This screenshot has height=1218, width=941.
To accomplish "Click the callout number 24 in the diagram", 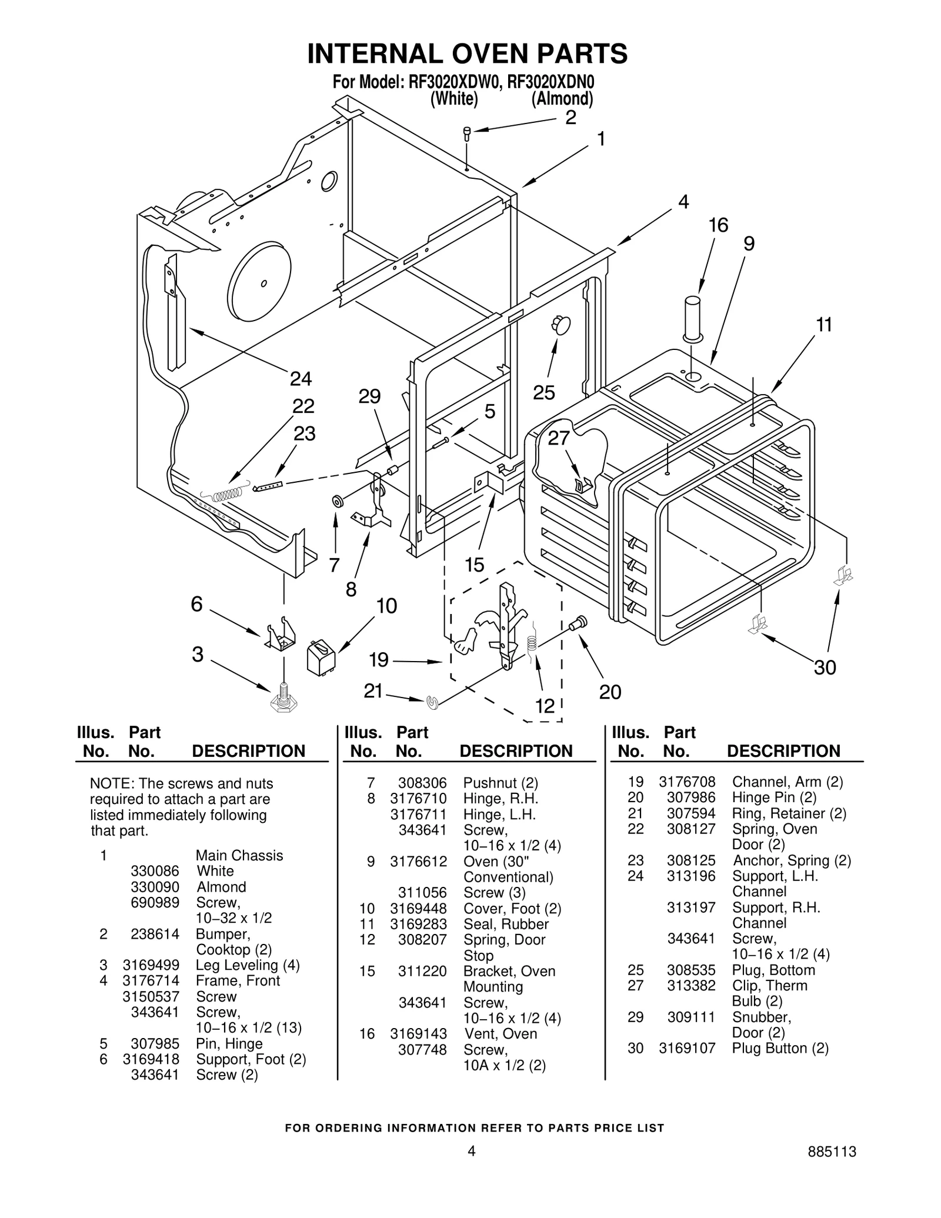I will (301, 378).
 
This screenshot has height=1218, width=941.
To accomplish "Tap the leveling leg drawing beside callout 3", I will (283, 699).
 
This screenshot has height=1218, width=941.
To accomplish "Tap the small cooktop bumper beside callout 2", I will (467, 134).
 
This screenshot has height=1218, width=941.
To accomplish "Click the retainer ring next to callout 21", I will (433, 701).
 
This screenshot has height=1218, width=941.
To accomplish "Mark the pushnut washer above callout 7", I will (338, 502).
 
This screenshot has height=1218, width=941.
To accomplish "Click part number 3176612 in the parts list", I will (418, 862).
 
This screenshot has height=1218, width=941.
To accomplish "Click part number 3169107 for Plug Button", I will (687, 1048).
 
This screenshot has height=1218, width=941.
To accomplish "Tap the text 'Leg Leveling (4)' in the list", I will (248, 965).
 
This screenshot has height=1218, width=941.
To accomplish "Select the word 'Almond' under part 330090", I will (221, 887).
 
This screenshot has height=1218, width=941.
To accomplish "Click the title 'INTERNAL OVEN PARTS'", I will (468, 54).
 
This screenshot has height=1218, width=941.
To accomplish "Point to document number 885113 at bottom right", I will (832, 1168).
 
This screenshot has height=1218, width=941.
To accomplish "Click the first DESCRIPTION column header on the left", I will (249, 751).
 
